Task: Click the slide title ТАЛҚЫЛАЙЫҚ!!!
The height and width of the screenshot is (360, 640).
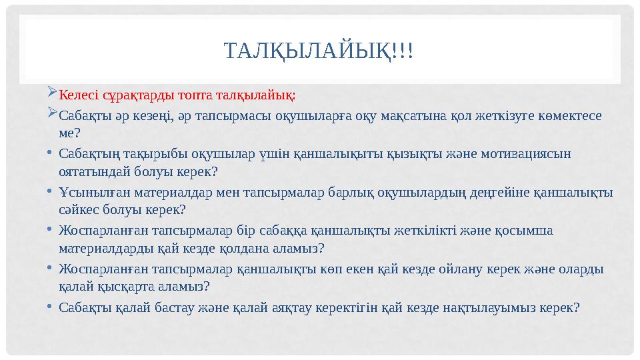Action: (319, 51)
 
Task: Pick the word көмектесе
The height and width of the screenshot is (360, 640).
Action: (569, 116)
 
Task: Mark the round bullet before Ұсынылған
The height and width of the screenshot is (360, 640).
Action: (51, 191)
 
